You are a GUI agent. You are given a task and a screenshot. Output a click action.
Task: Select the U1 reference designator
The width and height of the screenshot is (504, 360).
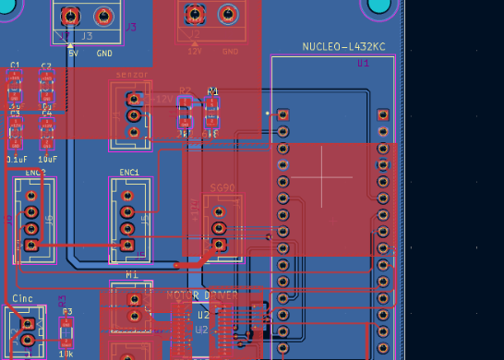363,63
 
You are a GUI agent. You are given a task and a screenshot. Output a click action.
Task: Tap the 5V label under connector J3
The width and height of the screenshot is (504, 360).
73,53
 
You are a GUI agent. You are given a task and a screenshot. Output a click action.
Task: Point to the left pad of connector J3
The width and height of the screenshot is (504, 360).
73,16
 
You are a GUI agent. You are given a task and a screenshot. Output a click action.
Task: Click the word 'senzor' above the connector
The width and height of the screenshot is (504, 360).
131,75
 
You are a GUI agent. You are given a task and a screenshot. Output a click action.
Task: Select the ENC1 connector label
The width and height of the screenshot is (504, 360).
129,173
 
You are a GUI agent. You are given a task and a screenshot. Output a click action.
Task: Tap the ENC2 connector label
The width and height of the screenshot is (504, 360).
35,173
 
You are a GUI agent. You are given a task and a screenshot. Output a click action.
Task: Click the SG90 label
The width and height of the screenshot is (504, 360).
222,186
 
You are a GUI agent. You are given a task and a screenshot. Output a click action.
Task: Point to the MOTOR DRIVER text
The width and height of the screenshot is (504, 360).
201,295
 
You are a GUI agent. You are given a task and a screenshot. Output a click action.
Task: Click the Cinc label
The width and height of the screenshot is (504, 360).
22,299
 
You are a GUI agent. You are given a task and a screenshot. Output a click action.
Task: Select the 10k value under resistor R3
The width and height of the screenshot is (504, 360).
66,354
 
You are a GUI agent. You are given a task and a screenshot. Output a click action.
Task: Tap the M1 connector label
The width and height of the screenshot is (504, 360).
131,275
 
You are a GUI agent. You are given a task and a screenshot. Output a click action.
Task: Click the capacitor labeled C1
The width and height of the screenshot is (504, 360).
15,90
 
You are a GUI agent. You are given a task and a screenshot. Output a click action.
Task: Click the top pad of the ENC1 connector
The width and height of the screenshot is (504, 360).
128,195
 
